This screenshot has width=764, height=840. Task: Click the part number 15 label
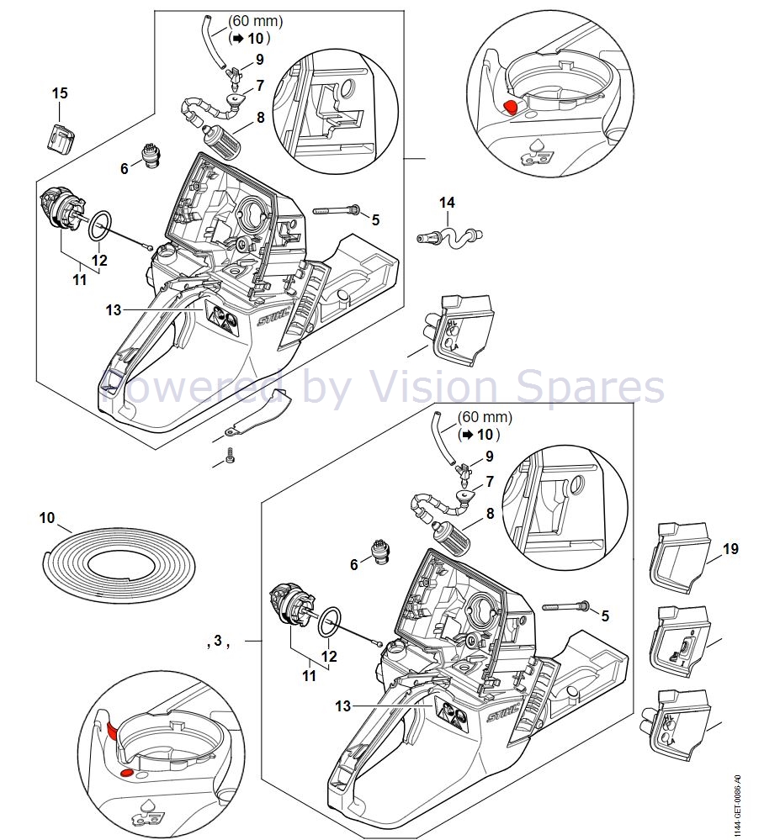(60, 93)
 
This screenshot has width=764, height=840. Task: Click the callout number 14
(447, 203)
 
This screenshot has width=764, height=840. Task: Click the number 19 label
(730, 548)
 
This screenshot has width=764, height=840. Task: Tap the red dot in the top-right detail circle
(511, 107)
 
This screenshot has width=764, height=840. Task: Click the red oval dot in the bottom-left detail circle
(127, 773)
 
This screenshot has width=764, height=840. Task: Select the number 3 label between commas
(218, 640)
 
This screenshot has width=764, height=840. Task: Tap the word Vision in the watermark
(433, 387)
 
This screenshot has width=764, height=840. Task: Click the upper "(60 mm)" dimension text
(255, 21)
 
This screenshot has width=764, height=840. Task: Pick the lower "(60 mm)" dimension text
(485, 417)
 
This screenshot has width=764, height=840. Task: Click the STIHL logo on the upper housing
(274, 319)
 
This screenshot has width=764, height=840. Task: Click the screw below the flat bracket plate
(231, 455)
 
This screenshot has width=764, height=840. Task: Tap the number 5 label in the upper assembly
(375, 219)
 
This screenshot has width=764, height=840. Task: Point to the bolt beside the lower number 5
(565, 606)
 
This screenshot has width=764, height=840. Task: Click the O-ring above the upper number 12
(100, 226)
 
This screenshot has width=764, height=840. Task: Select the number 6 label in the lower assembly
(354, 565)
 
